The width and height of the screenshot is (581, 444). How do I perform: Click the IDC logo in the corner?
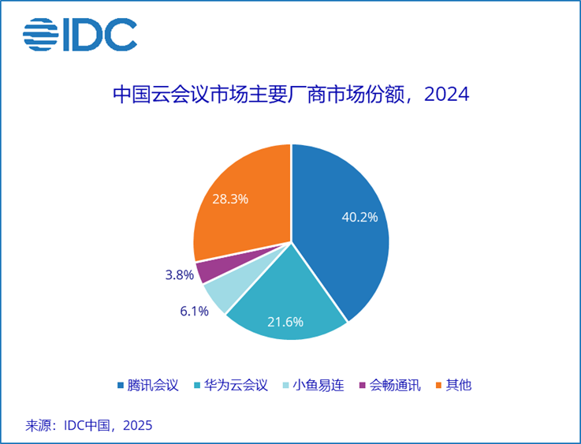coord(80,33)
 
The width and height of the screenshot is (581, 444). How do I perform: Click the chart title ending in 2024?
coord(290,95)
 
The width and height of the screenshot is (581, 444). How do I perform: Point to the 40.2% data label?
coord(359,217)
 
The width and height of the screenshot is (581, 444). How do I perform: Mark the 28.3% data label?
coord(230,199)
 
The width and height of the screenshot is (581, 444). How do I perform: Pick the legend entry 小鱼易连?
coord(318,385)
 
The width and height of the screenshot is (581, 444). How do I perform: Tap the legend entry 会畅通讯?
coord(395,385)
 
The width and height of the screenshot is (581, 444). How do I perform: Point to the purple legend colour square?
coord(362,386)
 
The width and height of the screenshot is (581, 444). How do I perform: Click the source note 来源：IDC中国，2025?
coord(88,425)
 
